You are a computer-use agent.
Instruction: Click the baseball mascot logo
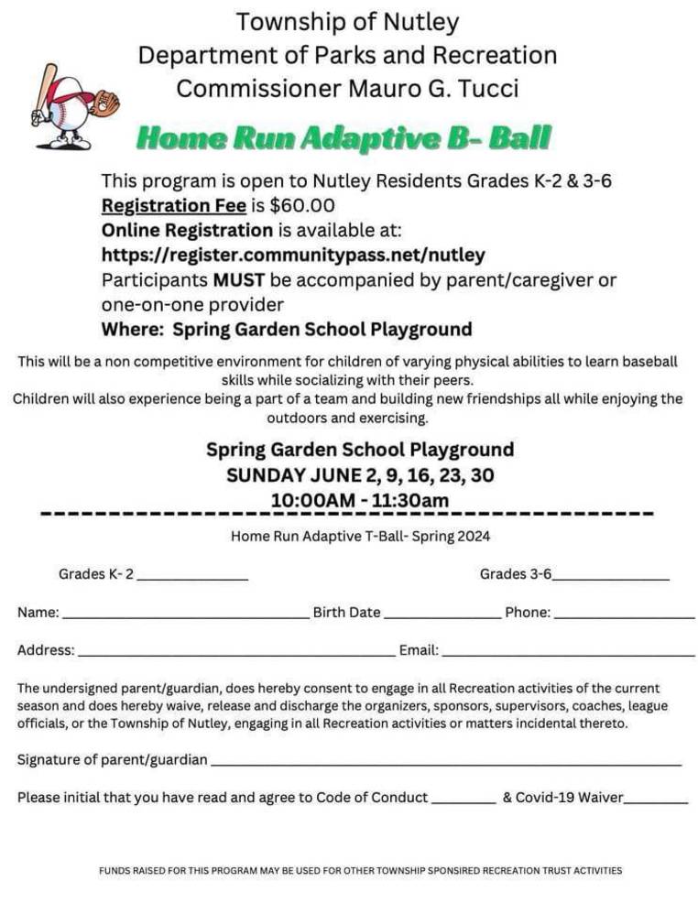click(73, 106)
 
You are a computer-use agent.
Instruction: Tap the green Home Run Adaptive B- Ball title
click(344, 138)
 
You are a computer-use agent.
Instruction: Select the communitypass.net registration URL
click(293, 255)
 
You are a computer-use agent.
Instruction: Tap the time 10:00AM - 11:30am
click(360, 500)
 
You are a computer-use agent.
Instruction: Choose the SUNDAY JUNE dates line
click(360, 475)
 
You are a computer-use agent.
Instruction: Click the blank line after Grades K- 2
click(192, 578)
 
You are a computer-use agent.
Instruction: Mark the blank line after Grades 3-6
click(611, 578)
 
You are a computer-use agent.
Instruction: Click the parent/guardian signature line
click(446, 764)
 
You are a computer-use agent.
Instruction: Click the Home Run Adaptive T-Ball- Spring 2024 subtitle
click(360, 537)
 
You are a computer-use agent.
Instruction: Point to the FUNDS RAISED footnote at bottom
click(360, 871)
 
